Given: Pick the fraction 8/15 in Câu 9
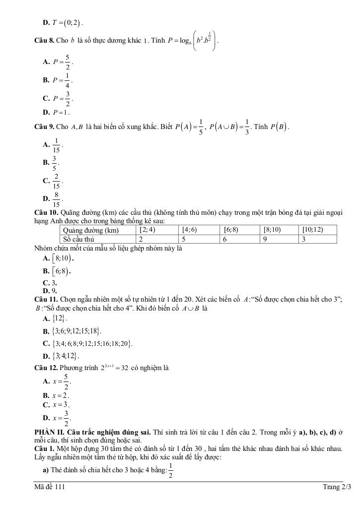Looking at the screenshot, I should click(56, 200).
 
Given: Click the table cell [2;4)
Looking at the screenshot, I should click(148, 230).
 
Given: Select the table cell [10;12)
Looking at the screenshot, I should click(312, 230).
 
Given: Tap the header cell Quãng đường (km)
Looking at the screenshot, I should click(91, 230).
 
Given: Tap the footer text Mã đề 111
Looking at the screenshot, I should click(46, 487).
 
